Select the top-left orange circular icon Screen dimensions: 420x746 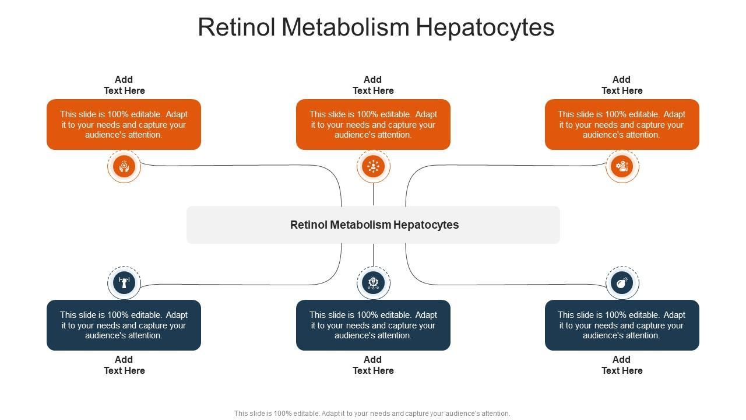pyautogui.click(x=124, y=166)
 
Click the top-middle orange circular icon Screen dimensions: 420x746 pyautogui.click(x=373, y=166)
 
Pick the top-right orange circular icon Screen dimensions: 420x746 pyautogui.click(x=622, y=166)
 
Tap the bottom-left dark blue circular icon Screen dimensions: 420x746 pyautogui.click(x=124, y=283)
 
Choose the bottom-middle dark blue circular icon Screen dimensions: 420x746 pyautogui.click(x=373, y=283)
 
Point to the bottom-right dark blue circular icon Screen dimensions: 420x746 pyautogui.click(x=622, y=283)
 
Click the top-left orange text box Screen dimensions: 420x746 pyautogui.click(x=124, y=124)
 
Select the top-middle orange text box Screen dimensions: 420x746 pyautogui.click(x=373, y=124)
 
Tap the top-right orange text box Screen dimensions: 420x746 pyautogui.click(x=622, y=124)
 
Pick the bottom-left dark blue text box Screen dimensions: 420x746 pyautogui.click(x=124, y=325)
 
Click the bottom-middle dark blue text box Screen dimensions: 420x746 pyautogui.click(x=373, y=325)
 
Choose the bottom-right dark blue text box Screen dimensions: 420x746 pyautogui.click(x=622, y=325)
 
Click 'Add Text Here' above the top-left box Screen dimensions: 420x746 pyautogui.click(x=124, y=85)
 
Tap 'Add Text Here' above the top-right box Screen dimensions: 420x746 pyautogui.click(x=622, y=85)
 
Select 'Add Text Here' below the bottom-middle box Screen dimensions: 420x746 pyautogui.click(x=373, y=365)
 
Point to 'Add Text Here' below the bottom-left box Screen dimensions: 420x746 pyautogui.click(x=124, y=365)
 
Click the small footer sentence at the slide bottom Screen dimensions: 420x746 pyautogui.click(x=372, y=414)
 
